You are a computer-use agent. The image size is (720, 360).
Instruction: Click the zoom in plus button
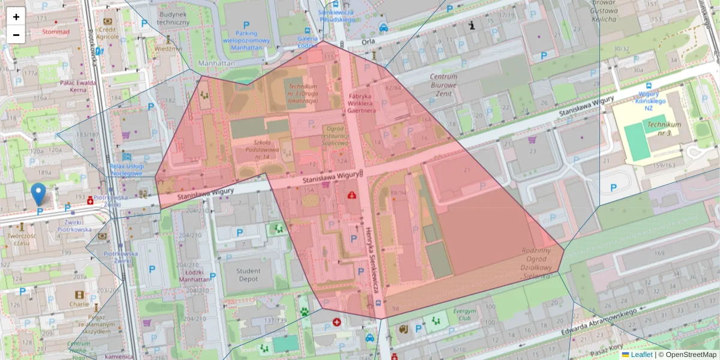point(16,17)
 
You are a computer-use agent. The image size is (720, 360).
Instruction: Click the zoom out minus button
point(16,35)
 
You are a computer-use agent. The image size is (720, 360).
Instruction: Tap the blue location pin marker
point(38,194)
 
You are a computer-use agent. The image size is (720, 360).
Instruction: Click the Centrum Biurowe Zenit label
point(444,85)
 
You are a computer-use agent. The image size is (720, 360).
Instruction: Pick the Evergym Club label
point(464,316)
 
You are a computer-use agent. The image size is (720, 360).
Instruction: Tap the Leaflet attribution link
point(641,355)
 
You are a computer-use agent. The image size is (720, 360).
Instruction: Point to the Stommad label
point(56,32)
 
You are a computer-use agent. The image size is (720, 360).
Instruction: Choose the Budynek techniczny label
point(173,18)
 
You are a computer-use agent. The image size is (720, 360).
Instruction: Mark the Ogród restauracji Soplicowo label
point(336,136)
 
